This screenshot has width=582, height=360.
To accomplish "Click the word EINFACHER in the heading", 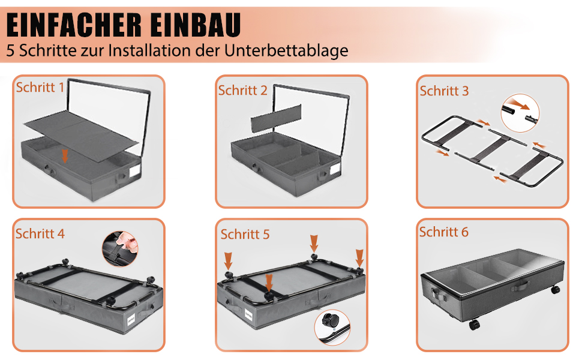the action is pyautogui.click(x=74, y=25).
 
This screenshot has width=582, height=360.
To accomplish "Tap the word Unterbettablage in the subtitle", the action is pyautogui.click(x=286, y=51).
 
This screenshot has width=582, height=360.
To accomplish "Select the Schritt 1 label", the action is pyautogui.click(x=40, y=87).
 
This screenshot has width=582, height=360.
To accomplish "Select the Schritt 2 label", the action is pyautogui.click(x=243, y=90).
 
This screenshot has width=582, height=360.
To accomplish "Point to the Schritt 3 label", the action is pyautogui.click(x=444, y=91).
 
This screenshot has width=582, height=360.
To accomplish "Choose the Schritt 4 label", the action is pyautogui.click(x=40, y=234).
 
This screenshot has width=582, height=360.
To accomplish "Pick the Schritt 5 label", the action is pyautogui.click(x=245, y=235).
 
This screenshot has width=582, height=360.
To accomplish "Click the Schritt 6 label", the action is pyautogui.click(x=444, y=232).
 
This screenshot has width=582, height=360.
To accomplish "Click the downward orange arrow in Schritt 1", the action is pyautogui.click(x=65, y=156).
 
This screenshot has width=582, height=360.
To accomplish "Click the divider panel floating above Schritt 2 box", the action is pyautogui.click(x=276, y=118).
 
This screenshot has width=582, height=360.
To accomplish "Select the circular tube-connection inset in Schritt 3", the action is pyautogui.click(x=520, y=113).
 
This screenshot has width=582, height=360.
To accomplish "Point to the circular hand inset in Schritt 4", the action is pyautogui.click(x=120, y=248).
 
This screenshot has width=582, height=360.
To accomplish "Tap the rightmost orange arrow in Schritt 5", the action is pyautogui.click(x=359, y=258).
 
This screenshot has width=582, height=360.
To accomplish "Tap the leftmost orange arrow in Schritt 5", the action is pyautogui.click(x=228, y=261).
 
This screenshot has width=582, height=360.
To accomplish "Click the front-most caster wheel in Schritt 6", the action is pyautogui.click(x=475, y=325).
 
